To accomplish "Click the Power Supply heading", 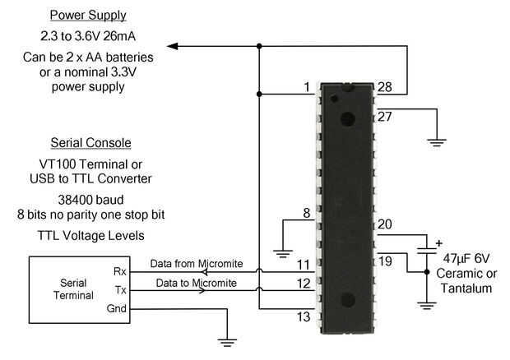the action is coord(88,16).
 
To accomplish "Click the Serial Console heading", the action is coord(90,143).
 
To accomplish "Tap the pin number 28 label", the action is coord(385,87).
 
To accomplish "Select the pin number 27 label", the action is coord(385,117).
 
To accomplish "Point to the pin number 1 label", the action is coord(307,87).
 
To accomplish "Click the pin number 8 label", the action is coord(306,213).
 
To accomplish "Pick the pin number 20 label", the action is coord(385,224).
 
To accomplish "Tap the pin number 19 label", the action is coord(385,261).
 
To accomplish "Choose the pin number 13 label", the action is coord(304,316).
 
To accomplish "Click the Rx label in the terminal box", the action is coord(120,271).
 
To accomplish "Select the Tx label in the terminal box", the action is coord(120,290).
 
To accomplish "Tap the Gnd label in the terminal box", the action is coord(116,308).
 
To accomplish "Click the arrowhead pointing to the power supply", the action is coord(172,46).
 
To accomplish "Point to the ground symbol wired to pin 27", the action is coord(437,143).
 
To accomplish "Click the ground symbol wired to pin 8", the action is coord(283,253).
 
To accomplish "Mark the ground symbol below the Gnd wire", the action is coord(227,343).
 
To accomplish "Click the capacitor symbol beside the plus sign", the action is coord(427,251).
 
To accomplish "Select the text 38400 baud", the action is coord(90,200).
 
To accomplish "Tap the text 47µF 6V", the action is coord(466,259).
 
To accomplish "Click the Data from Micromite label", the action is coord(197,264).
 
